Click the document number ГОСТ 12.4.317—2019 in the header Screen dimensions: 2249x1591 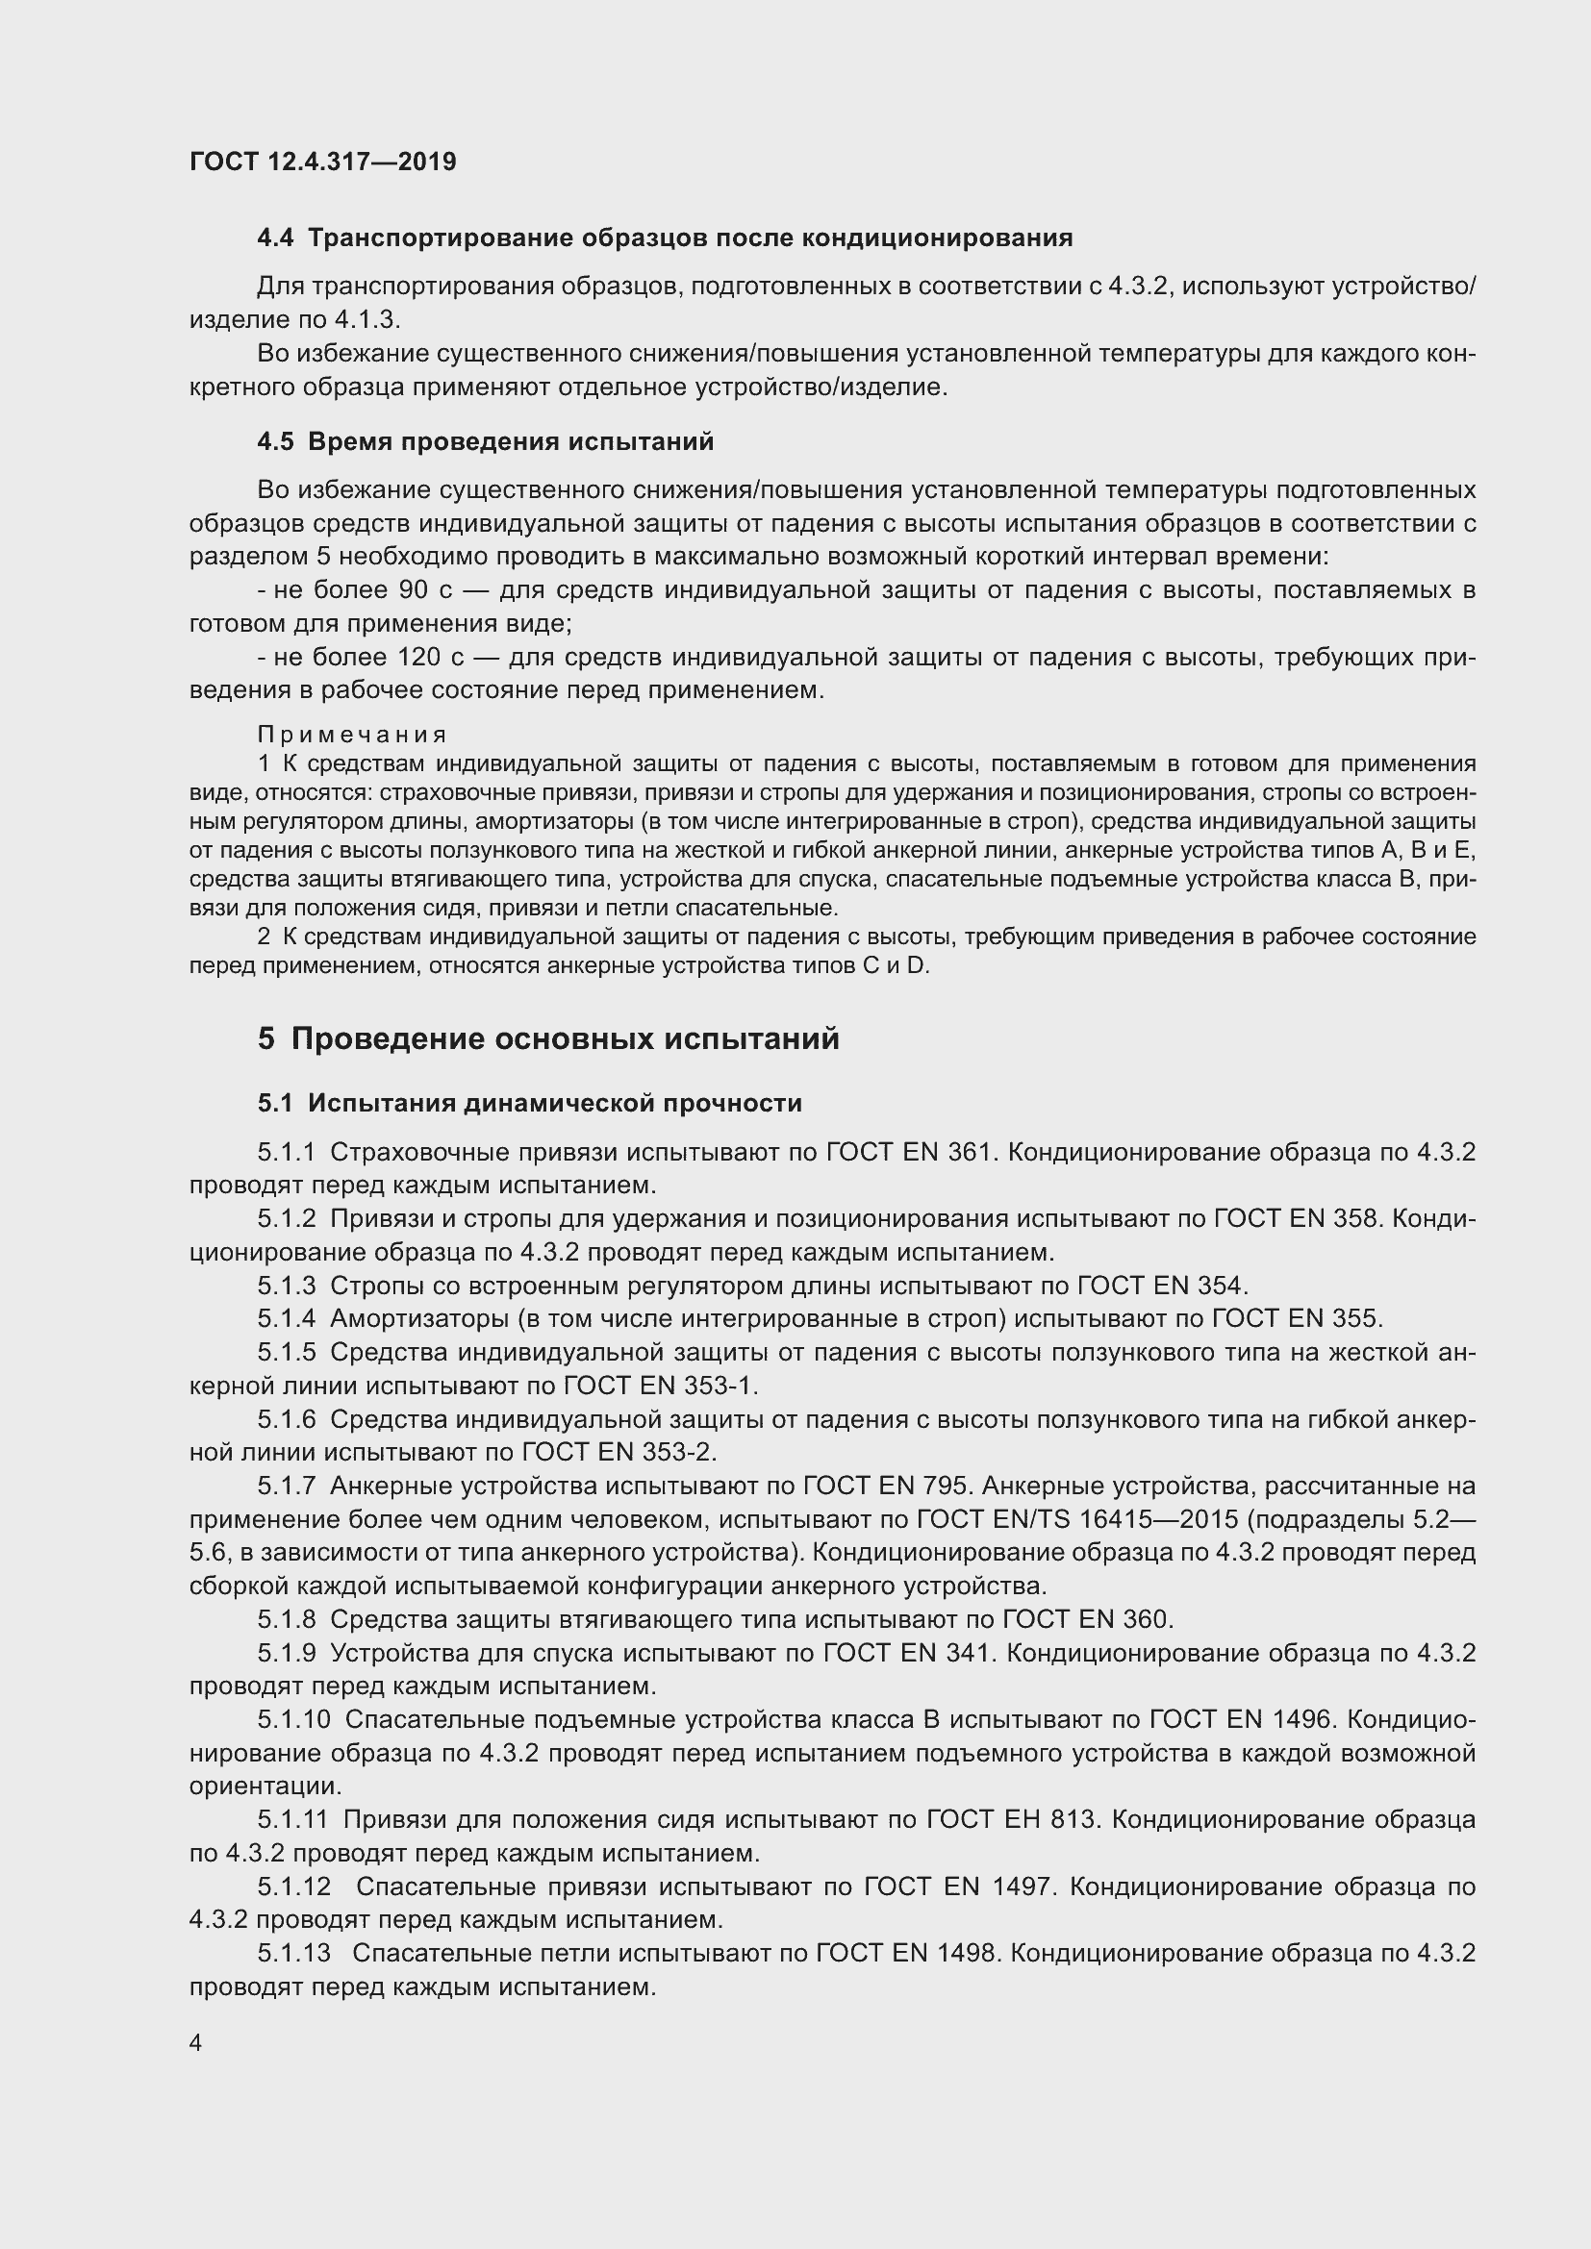[x=322, y=162]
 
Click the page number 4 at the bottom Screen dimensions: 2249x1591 [x=196, y=2042]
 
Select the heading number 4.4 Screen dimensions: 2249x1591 [x=275, y=238]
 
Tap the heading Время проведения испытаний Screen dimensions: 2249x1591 [x=511, y=441]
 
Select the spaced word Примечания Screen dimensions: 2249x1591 [x=352, y=735]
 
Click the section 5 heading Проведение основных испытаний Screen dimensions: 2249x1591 [x=566, y=1038]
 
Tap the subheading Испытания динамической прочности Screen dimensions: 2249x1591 [x=554, y=1103]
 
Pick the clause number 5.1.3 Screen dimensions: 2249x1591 [x=287, y=1286]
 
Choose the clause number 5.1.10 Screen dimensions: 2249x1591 [x=294, y=1719]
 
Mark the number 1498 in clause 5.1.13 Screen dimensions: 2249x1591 [x=966, y=1953]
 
